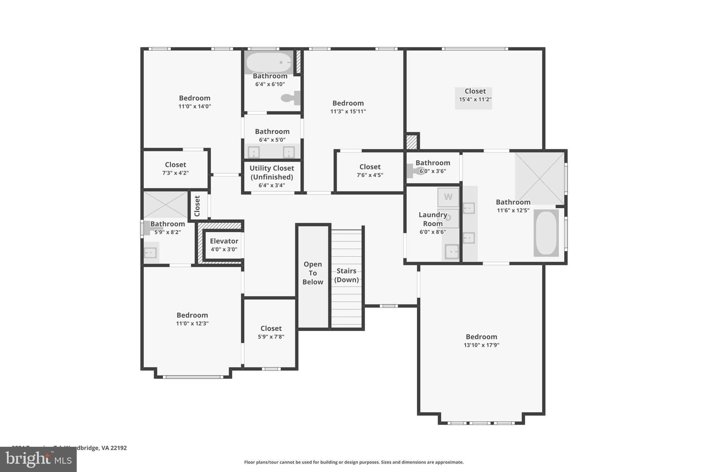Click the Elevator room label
224,241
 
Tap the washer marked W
448,197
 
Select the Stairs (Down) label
346,275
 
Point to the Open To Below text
313,273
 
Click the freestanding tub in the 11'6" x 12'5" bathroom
546,233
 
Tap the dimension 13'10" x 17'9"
481,345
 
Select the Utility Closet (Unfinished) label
272,173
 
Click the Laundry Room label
433,219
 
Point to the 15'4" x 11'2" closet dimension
475,100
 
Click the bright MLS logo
38,459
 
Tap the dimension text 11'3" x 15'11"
348,111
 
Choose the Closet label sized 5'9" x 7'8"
271,328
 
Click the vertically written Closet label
197,206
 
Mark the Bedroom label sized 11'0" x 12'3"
192,315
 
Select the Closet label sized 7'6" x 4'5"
370,167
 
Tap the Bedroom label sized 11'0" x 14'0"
195,98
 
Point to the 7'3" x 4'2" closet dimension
175,173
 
